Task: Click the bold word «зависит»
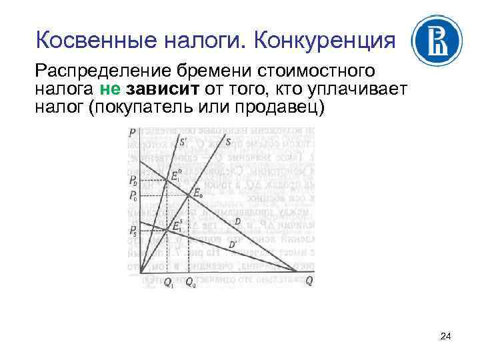[157, 89]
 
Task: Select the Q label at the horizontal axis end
[309, 281]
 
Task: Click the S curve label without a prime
[228, 142]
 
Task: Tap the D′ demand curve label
[233, 245]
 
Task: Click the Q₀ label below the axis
[190, 282]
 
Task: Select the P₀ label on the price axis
[133, 196]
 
